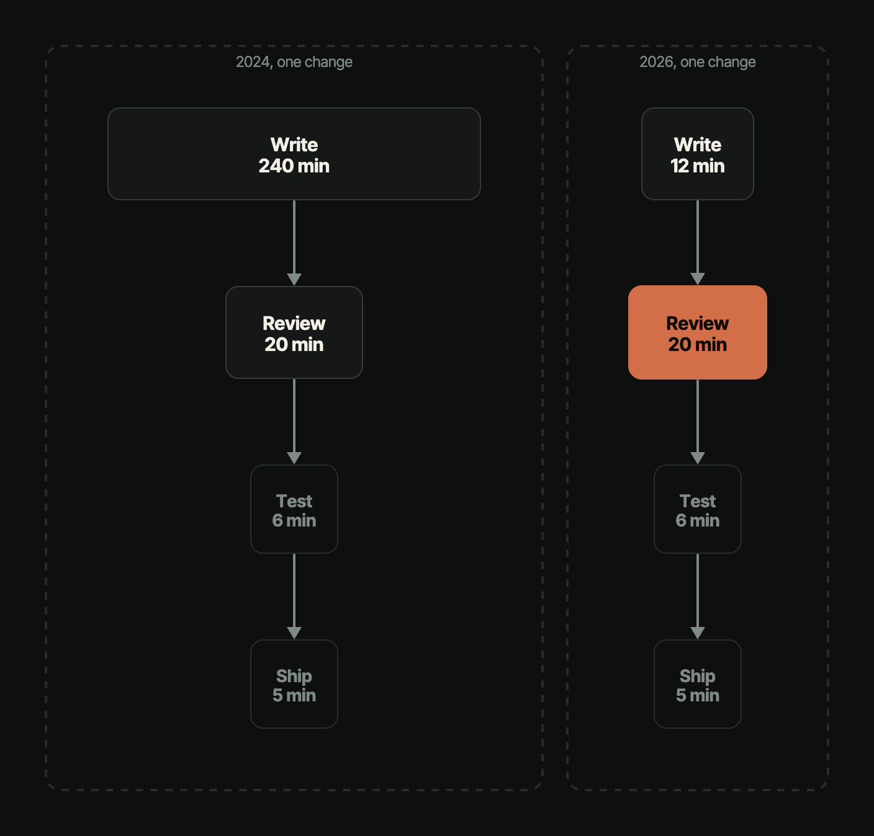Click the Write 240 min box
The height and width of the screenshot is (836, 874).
click(x=294, y=154)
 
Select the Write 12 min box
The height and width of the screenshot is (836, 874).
click(x=698, y=154)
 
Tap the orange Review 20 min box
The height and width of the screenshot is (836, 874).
click(x=698, y=332)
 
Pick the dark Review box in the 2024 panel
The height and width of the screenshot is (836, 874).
click(x=294, y=332)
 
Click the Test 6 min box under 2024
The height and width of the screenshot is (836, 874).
click(x=294, y=509)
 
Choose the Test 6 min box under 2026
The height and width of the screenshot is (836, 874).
click(x=698, y=509)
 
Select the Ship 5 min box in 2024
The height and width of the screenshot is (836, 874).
click(x=294, y=684)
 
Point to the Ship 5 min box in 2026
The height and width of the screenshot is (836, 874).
click(x=698, y=684)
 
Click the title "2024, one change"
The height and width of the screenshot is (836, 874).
click(x=294, y=62)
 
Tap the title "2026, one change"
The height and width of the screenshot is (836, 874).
click(x=698, y=62)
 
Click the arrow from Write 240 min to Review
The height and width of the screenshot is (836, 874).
click(x=294, y=242)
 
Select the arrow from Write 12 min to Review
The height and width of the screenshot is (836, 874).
click(x=698, y=242)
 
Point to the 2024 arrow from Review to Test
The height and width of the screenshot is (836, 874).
click(x=294, y=421)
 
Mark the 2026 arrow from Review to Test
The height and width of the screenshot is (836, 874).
click(x=698, y=422)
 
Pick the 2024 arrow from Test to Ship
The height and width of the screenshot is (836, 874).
click(x=294, y=597)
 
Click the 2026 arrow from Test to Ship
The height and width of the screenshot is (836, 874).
click(x=698, y=597)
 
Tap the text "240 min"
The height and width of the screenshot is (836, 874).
click(x=294, y=166)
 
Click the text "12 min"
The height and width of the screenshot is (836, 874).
click(x=698, y=166)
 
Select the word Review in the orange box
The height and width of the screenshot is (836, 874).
click(x=698, y=323)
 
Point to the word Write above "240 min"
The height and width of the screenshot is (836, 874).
click(x=294, y=145)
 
